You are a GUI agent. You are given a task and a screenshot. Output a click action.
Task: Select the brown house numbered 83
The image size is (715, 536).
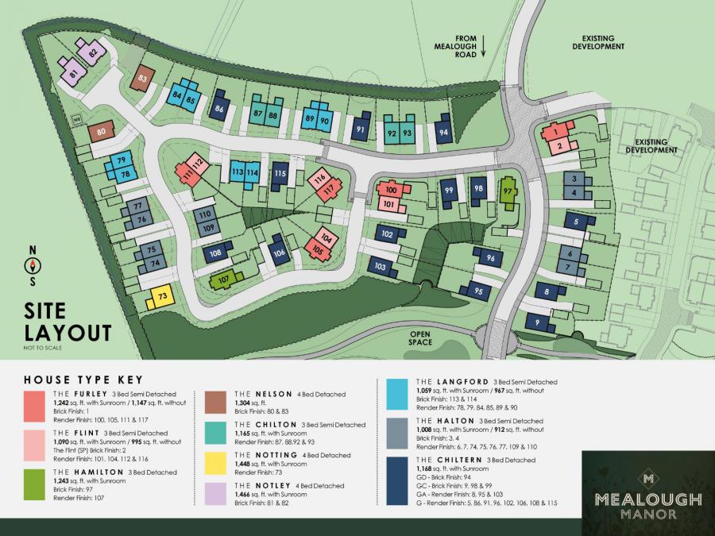pyautogui.click(x=143, y=79)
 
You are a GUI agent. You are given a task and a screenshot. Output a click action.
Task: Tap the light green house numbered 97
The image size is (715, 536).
pyautogui.click(x=506, y=191)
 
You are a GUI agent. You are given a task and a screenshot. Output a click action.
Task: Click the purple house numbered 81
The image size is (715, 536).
pyautogui.click(x=74, y=75)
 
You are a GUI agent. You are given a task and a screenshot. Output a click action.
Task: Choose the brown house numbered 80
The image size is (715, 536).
pyautogui.click(x=101, y=133)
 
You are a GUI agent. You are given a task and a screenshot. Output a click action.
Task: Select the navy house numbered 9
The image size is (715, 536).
pyautogui.click(x=539, y=322)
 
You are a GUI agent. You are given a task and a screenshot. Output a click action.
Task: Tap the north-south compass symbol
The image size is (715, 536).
pyautogui.click(x=33, y=266)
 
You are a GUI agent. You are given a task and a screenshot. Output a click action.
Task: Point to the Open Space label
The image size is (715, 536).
pyautogui.click(x=425, y=338)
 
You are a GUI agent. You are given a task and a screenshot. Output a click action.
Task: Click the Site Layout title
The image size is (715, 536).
pyautogui.click(x=67, y=322)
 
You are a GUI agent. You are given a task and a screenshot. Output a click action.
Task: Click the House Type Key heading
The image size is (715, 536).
pyautogui.click(x=83, y=379)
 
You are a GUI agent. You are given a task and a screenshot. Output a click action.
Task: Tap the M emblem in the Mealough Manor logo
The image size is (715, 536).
pyautogui.click(x=647, y=479)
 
